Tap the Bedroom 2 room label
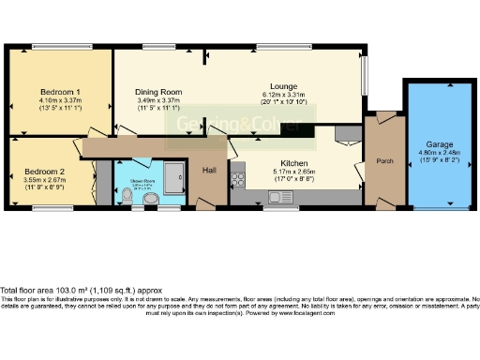tap(44, 172)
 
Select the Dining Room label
tap(158, 92)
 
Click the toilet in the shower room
tap(127, 195)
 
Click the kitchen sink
tap(277, 197)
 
